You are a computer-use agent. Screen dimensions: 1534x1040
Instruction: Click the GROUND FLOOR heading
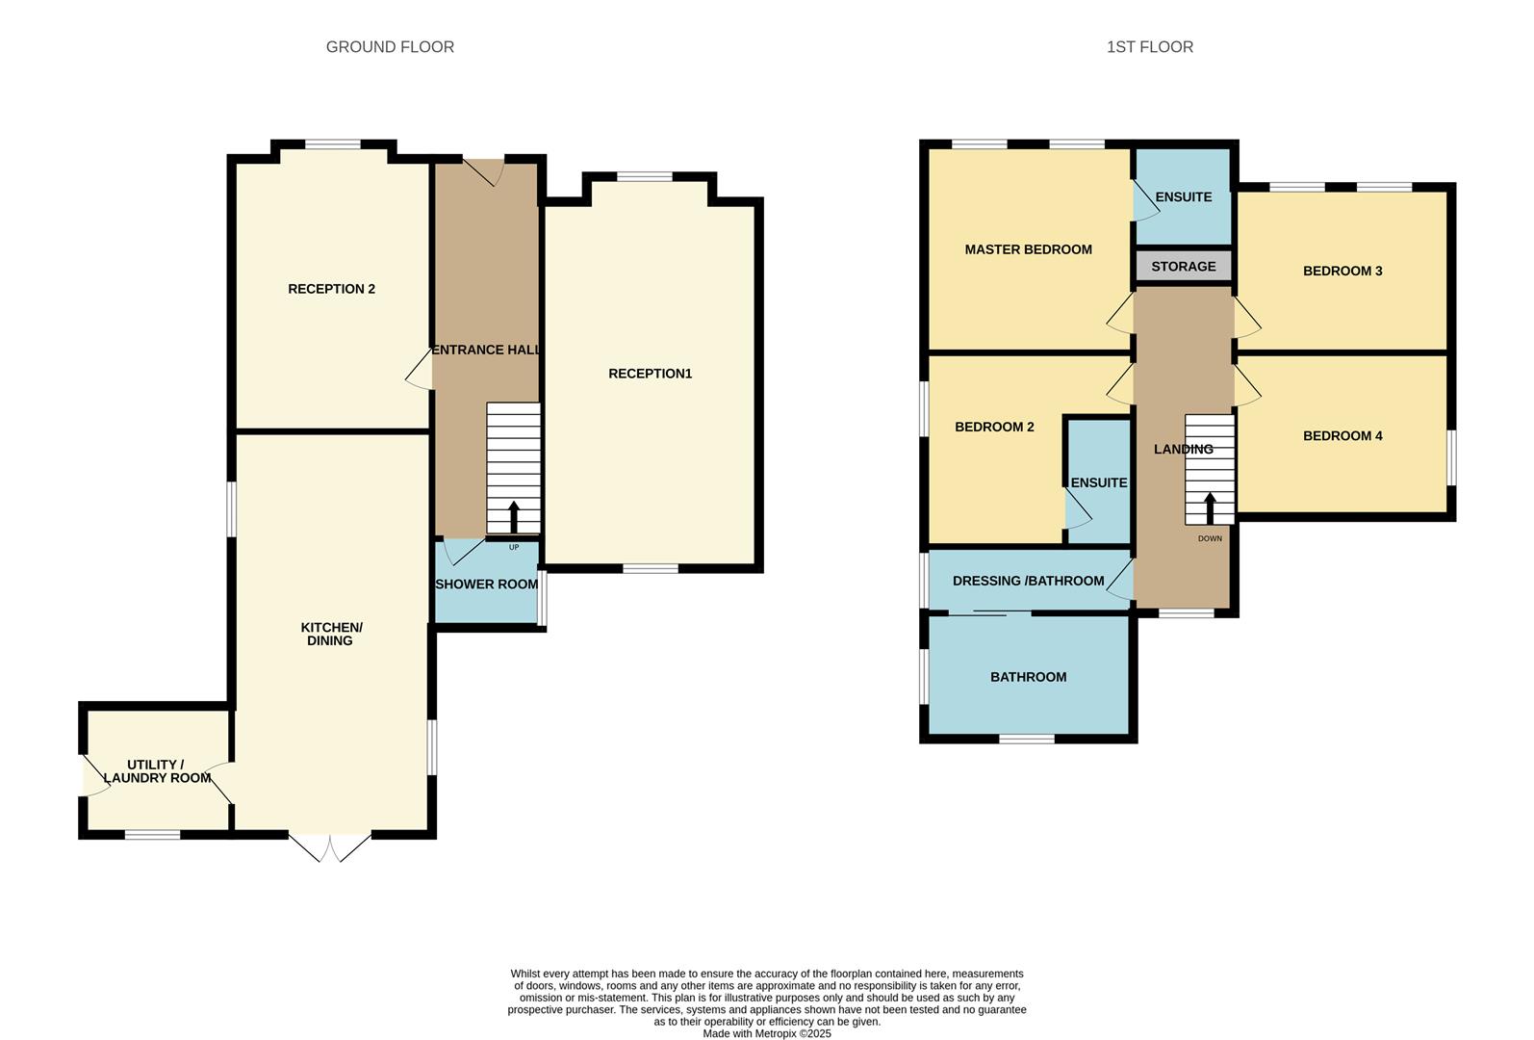(x=390, y=46)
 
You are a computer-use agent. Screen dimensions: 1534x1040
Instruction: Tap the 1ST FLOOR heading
(x=1150, y=46)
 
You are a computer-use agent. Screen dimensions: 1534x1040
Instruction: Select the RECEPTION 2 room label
(x=331, y=289)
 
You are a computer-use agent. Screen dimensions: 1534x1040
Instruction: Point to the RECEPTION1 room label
(x=650, y=374)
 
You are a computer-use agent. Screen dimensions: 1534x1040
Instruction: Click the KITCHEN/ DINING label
(x=331, y=634)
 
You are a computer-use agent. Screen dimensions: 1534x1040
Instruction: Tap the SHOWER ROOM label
(x=486, y=585)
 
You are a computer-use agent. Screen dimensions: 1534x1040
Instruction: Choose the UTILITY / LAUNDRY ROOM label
(x=157, y=771)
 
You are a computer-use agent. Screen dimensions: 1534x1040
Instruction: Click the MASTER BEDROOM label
(x=1028, y=249)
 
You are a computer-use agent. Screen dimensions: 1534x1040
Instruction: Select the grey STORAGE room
(x=1184, y=266)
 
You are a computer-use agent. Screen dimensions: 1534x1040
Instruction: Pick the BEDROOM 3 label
(x=1342, y=271)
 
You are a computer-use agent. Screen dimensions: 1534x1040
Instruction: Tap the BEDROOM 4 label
(x=1342, y=435)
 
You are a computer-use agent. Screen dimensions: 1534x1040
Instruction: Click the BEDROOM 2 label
(x=994, y=427)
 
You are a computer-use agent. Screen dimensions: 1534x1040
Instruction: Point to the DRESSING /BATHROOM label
(x=1028, y=581)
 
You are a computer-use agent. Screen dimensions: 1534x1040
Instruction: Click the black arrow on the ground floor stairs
(x=514, y=516)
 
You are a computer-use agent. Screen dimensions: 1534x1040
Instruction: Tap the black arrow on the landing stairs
(x=1210, y=508)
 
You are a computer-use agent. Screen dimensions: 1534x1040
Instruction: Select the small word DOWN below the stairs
(x=1210, y=538)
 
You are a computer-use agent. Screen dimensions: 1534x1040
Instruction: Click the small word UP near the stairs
(x=514, y=547)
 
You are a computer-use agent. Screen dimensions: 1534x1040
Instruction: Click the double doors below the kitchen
(x=329, y=847)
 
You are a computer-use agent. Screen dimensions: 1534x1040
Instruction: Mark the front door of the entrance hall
(x=484, y=172)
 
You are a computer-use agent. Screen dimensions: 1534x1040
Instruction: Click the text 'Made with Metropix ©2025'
(x=767, y=1033)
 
